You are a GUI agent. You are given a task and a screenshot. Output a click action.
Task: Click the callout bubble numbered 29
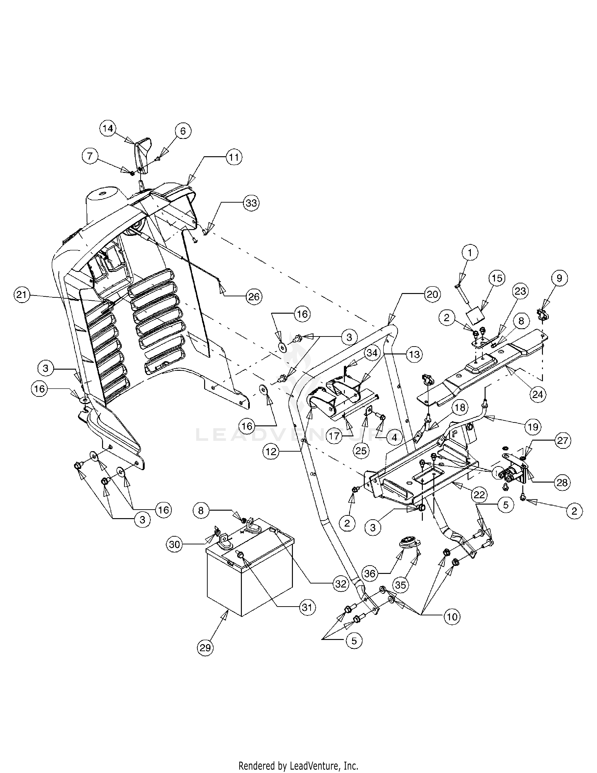pos(205,648)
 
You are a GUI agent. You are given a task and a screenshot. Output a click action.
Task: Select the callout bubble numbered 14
pos(108,128)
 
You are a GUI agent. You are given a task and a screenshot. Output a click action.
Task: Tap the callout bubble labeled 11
pos(233,157)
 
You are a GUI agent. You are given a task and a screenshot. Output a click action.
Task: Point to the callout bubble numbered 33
pos(251,203)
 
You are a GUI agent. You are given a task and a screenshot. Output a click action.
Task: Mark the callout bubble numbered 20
pos(432,294)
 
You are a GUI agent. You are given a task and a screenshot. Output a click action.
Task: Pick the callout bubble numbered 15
pos(497,278)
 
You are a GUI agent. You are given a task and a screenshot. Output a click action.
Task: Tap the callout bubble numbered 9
pos(559,278)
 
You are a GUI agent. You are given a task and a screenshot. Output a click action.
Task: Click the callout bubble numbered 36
pos(370,573)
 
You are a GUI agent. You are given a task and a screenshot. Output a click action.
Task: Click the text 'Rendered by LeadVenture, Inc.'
pos(298,764)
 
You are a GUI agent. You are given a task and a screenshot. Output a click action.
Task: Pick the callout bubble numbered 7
pos(90,156)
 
